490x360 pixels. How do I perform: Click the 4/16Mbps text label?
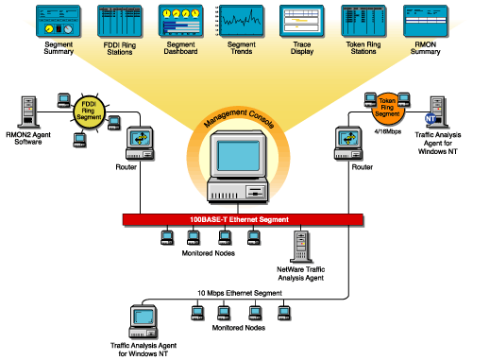click(x=385, y=135)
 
